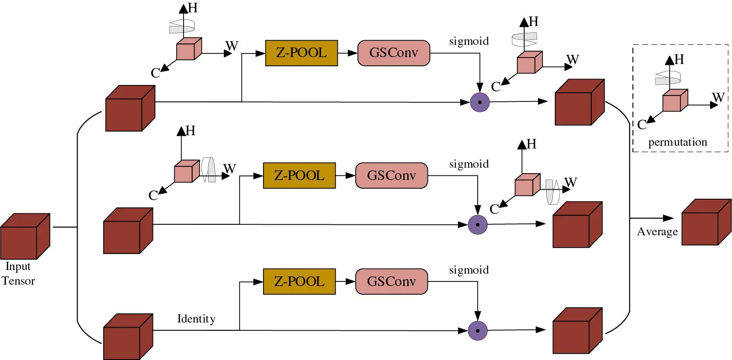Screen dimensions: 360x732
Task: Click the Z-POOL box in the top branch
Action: click(301, 53)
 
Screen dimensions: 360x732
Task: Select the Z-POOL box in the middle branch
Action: click(299, 175)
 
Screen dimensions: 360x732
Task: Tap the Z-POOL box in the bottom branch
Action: click(299, 281)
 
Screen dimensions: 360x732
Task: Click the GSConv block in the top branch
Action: click(394, 53)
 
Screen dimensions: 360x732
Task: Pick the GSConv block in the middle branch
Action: click(391, 175)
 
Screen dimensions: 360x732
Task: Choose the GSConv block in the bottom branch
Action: click(391, 281)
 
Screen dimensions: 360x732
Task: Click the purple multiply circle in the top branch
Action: click(479, 102)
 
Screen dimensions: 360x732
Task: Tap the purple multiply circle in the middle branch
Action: click(478, 225)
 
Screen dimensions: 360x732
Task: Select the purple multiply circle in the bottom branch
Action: click(478, 331)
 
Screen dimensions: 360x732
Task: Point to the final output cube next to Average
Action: click(706, 223)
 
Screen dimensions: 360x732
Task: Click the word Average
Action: click(657, 232)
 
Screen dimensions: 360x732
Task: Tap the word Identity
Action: click(196, 319)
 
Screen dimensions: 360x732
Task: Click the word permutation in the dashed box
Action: click(678, 143)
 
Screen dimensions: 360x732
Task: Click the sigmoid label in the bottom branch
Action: click(469, 270)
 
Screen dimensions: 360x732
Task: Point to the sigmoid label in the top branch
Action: click(469, 42)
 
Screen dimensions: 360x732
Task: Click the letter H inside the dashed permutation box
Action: click(679, 59)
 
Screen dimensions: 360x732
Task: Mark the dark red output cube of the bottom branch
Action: click(577, 331)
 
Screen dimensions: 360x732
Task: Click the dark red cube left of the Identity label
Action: click(127, 337)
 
